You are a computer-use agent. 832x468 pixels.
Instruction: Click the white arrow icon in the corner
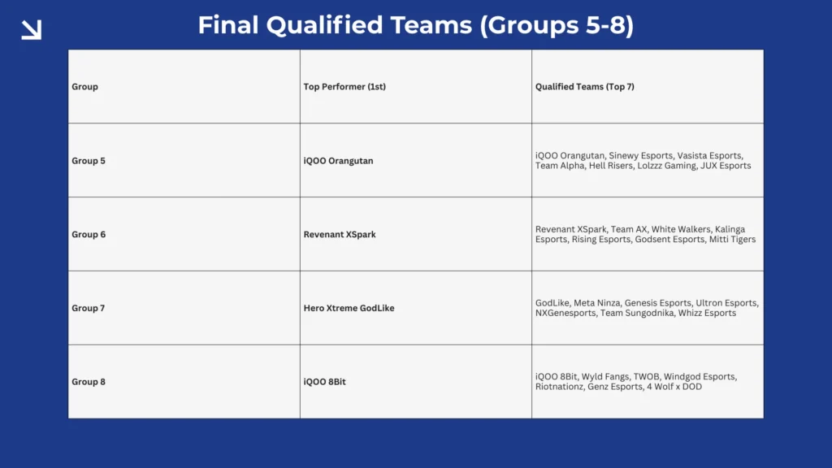pos(31,30)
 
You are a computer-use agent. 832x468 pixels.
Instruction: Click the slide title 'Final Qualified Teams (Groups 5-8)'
pos(415,25)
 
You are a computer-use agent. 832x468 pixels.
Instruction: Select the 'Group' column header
pos(84,87)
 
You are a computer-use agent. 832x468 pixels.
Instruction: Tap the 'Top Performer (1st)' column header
pos(344,87)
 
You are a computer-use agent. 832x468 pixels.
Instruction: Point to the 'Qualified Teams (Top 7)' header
pos(585,87)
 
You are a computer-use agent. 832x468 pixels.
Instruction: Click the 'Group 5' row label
pos(89,161)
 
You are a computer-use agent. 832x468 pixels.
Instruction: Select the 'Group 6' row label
pos(89,235)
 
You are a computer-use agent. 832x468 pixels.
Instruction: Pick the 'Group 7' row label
pos(89,309)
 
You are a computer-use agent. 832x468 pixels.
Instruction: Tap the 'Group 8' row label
pos(89,382)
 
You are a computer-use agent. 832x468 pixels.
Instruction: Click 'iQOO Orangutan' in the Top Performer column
pos(338,161)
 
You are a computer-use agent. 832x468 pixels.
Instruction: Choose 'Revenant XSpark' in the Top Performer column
pos(340,235)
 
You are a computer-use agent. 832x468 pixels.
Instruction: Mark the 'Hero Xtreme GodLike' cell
pos(349,309)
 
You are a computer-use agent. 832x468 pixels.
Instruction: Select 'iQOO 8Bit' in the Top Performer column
pos(324,382)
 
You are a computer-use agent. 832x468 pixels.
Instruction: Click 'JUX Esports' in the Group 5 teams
pos(726,166)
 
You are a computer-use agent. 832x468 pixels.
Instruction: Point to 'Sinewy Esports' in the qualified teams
pos(641,156)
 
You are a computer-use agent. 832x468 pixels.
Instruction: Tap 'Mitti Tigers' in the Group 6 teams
pos(732,240)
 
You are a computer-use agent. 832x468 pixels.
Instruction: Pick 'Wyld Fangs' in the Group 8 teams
pos(604,377)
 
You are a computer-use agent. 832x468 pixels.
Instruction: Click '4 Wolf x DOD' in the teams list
pos(674,387)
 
